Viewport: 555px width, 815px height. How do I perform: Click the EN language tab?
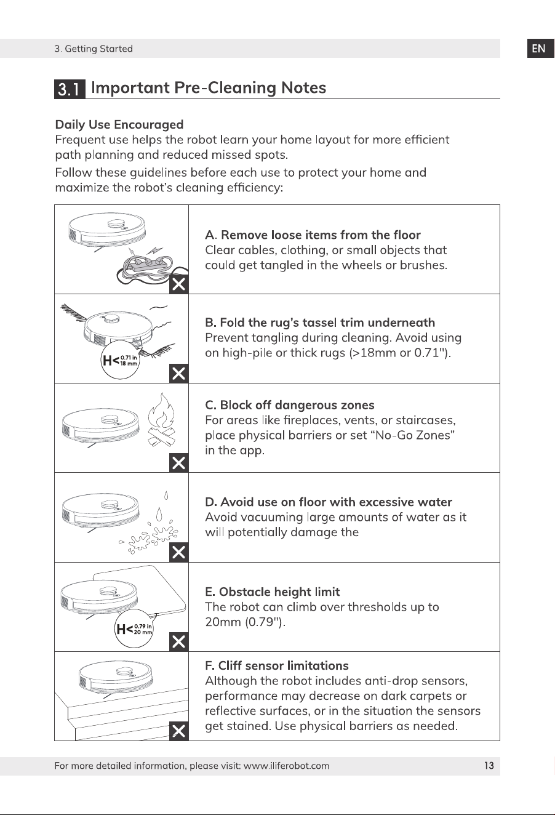540,49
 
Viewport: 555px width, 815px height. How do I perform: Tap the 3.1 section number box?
70,89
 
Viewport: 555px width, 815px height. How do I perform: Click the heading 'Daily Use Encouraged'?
119,124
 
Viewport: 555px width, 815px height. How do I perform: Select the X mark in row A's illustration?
179,284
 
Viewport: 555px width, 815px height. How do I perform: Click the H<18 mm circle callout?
119,361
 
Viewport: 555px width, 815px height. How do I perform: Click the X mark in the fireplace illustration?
179,463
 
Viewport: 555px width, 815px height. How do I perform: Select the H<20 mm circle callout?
134,628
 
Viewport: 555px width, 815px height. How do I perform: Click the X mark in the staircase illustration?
179,731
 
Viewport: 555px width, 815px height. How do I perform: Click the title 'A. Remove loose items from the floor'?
313,235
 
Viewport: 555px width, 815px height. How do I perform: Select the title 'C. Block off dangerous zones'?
290,405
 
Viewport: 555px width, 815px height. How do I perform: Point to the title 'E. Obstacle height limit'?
273,592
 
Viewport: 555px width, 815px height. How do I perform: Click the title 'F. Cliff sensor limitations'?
277,665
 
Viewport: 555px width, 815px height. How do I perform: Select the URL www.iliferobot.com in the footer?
286,766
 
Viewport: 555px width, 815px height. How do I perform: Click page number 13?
489,766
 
